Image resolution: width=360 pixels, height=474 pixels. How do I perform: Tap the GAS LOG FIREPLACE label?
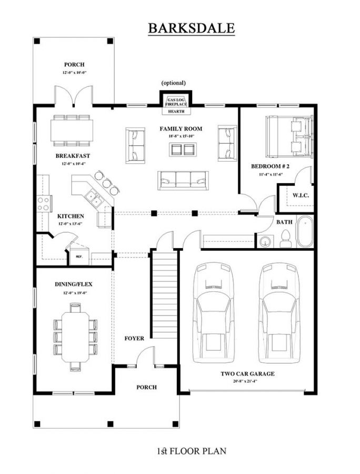pos(176,102)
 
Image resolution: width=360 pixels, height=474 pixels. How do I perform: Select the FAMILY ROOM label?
pos(181,129)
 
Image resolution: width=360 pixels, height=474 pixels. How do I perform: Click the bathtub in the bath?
pos(304,232)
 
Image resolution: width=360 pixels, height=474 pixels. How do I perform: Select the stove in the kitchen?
pos(44,203)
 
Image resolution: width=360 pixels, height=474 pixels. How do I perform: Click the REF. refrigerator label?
pos(79,257)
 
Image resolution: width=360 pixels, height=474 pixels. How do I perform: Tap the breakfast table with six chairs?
pos(72,130)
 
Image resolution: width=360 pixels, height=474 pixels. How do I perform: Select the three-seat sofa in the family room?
pos(183,180)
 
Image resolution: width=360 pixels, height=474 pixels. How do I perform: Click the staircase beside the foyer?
pos(165,295)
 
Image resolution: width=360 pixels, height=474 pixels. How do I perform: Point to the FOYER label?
pos(134,338)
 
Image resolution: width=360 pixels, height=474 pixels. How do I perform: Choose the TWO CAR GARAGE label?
pos(247,374)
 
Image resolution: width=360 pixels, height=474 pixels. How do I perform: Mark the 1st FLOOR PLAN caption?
pos(191,451)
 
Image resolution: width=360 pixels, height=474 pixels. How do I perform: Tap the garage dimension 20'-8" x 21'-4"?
pos(247,381)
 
